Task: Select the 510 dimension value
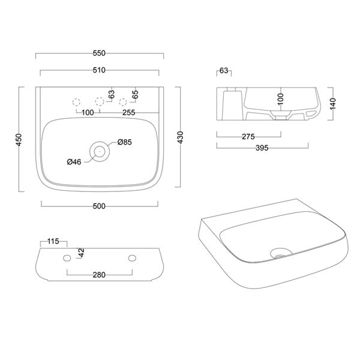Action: [x=100, y=70]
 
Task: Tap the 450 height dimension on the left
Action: [x=19, y=139]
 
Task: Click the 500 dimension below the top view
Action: [x=100, y=206]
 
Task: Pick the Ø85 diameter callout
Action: [x=125, y=142]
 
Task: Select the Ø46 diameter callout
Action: [x=74, y=161]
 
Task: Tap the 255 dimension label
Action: [x=128, y=112]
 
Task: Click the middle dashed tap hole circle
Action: [x=100, y=101]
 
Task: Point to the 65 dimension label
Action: [x=135, y=94]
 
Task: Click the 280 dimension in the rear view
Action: [x=100, y=275]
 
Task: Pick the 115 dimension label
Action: [x=52, y=241]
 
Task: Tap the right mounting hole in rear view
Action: [x=131, y=258]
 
